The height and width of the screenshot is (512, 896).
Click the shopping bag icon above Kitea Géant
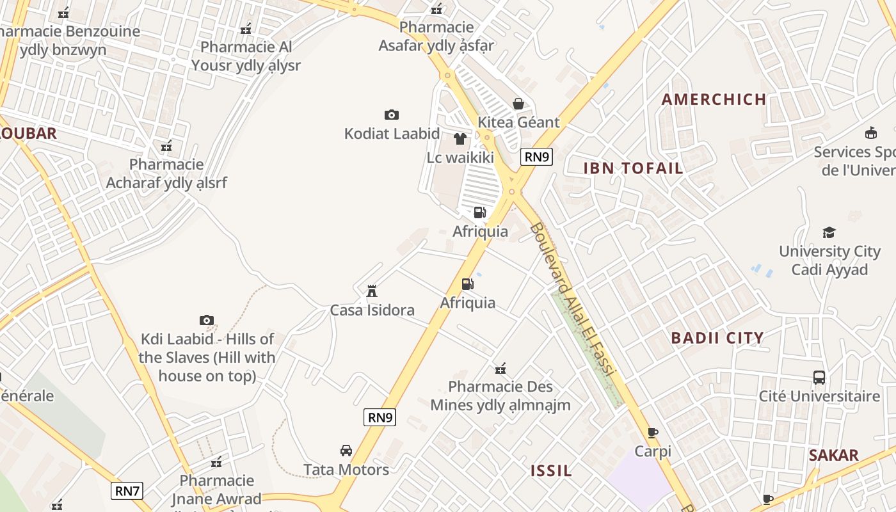518,104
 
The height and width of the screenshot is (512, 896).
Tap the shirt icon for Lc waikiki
460,139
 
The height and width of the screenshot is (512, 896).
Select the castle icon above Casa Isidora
372,291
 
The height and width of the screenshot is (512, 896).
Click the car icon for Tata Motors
346,451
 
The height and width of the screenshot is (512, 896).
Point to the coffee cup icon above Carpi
653,433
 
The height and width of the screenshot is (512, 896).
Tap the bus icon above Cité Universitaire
819,377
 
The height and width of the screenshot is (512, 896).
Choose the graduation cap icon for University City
829,232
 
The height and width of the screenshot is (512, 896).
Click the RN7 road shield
127,491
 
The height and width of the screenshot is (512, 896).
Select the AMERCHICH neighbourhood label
714,99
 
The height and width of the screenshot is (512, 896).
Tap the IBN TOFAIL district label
633,168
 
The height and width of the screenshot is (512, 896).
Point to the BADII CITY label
717,338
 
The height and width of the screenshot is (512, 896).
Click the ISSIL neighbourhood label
551,471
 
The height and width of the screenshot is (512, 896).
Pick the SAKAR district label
833,456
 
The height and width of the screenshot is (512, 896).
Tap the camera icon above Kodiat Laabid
392,115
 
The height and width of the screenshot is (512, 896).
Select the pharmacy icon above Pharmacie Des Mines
500,368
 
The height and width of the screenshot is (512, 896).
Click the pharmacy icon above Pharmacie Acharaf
166,146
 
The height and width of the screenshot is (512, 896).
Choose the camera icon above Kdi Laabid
207,320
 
